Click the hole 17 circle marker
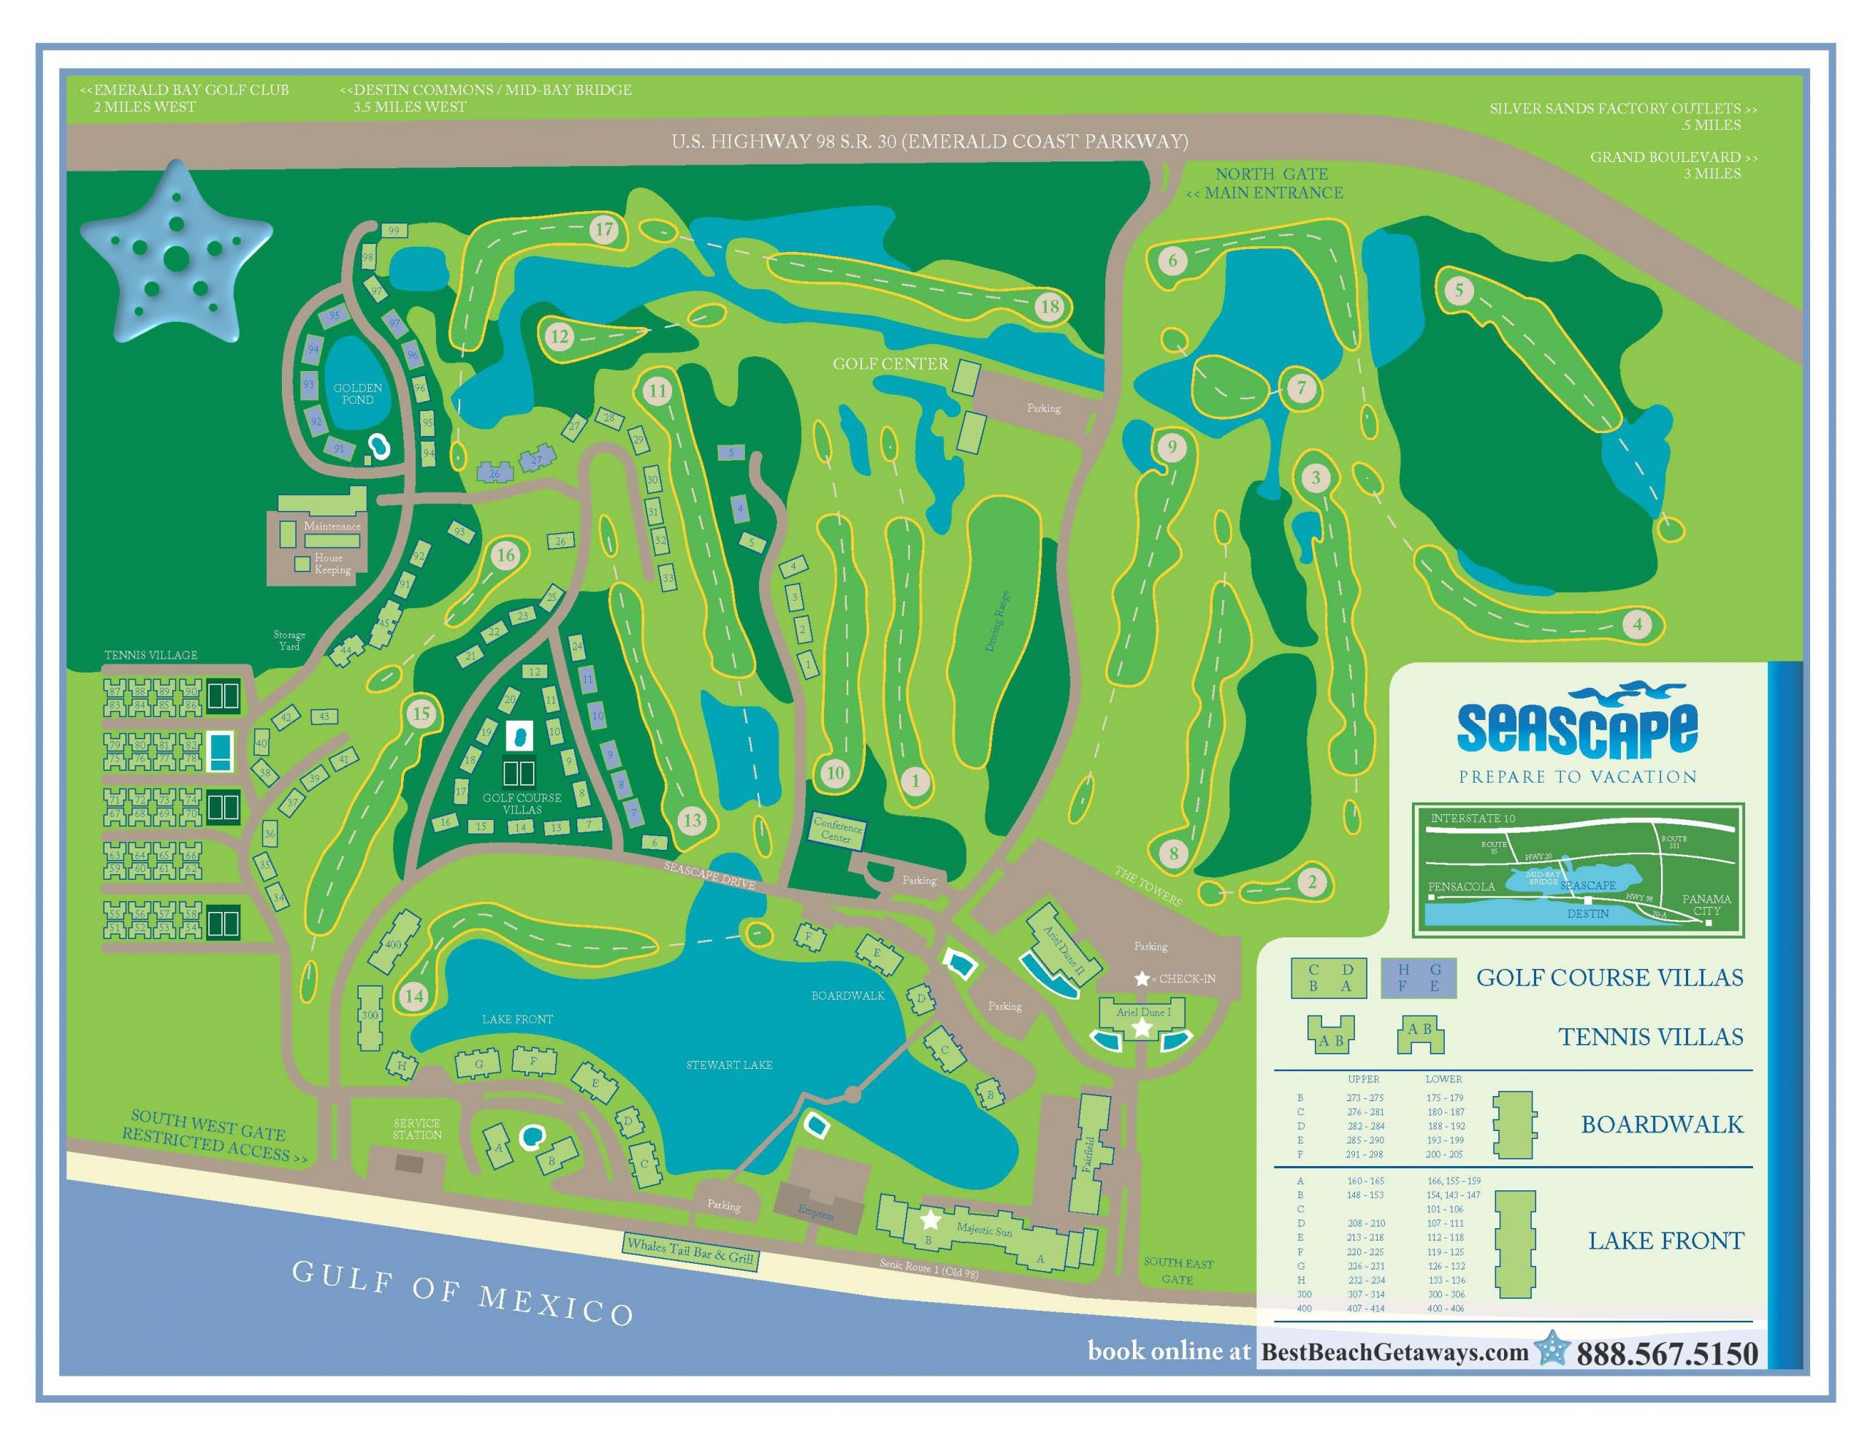(605, 229)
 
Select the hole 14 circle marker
(414, 995)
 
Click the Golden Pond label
(358, 394)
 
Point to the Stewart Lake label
(730, 1065)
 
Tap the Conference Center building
(837, 830)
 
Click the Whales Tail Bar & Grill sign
(690, 1252)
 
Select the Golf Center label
(890, 364)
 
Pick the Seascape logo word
(1577, 728)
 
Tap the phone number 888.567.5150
(1667, 1354)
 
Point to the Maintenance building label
(332, 526)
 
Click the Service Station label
(417, 1128)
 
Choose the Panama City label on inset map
(1706, 904)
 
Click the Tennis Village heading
(150, 655)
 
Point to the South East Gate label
(1178, 1270)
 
